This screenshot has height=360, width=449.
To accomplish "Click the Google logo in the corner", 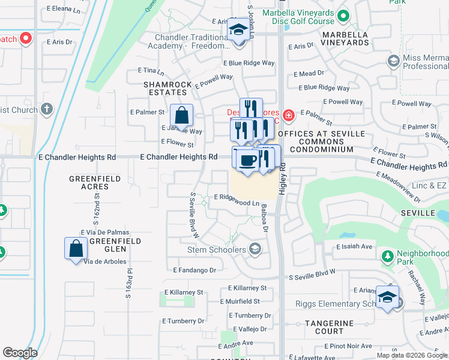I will (x=20, y=353).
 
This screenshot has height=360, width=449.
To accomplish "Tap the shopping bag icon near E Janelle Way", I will (x=181, y=114).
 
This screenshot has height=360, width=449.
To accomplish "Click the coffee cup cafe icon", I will (x=247, y=160).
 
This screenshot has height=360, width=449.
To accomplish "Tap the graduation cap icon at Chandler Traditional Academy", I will (x=238, y=29).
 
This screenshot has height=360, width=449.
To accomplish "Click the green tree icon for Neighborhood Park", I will (x=388, y=257).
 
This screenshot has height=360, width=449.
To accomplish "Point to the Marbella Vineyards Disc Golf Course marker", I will (x=344, y=16).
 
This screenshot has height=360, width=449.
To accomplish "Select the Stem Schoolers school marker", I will (x=255, y=249).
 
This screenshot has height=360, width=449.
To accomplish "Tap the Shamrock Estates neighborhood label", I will (x=165, y=89).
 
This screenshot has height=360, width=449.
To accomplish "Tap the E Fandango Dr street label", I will (x=194, y=271).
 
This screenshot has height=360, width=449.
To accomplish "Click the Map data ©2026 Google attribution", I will (x=412, y=355).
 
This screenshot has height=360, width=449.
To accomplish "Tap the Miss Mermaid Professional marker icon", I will (x=393, y=61).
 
